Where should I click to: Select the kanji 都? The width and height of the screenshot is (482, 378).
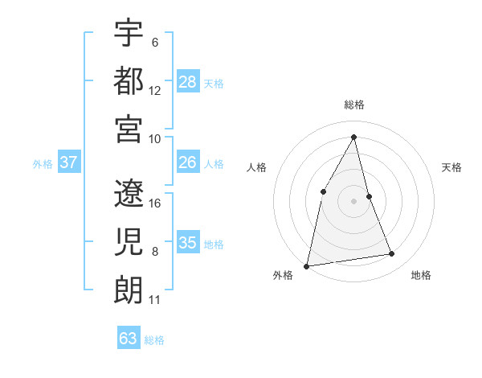pos(129,80)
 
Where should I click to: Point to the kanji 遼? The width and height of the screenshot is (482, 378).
pos(129,193)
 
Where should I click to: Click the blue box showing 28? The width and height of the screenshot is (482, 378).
pos(188,81)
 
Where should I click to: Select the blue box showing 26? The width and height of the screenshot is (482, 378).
pos(188,162)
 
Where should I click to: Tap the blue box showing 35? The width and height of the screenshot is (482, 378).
pos(188,243)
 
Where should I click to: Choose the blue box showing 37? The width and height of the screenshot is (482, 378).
pos(69,162)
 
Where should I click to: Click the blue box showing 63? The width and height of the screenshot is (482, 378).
pos(129,338)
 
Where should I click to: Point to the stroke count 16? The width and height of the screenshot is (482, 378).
pos(156,203)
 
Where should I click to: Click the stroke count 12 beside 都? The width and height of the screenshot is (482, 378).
pos(155,90)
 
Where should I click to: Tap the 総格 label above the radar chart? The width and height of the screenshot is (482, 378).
pos(354,105)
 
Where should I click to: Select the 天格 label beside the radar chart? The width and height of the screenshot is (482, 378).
pos(451,167)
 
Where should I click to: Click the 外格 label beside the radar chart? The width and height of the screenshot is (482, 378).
pos(283,275)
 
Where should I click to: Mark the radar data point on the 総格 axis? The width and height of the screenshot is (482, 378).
pos(354,136)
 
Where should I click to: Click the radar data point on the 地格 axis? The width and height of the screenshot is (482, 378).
pos(392,254)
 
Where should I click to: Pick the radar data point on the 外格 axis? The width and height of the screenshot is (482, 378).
pos(306,265)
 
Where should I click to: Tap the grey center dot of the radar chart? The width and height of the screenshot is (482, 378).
pos(353,200)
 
